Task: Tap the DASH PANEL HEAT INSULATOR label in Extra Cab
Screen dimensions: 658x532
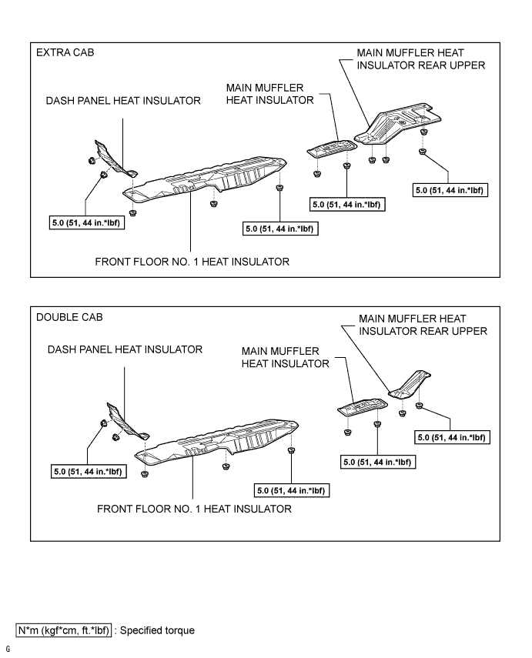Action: pos(123,100)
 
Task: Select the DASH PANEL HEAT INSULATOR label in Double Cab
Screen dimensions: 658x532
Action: pos(125,349)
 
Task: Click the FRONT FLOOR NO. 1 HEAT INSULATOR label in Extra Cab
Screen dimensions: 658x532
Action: pos(192,262)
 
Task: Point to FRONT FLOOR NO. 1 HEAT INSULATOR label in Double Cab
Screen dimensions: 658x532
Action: pos(194,509)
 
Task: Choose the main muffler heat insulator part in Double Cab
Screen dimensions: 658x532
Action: pos(363,406)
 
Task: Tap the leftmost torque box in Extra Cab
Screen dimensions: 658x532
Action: pos(86,224)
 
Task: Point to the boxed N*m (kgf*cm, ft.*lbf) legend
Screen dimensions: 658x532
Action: pos(64,630)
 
